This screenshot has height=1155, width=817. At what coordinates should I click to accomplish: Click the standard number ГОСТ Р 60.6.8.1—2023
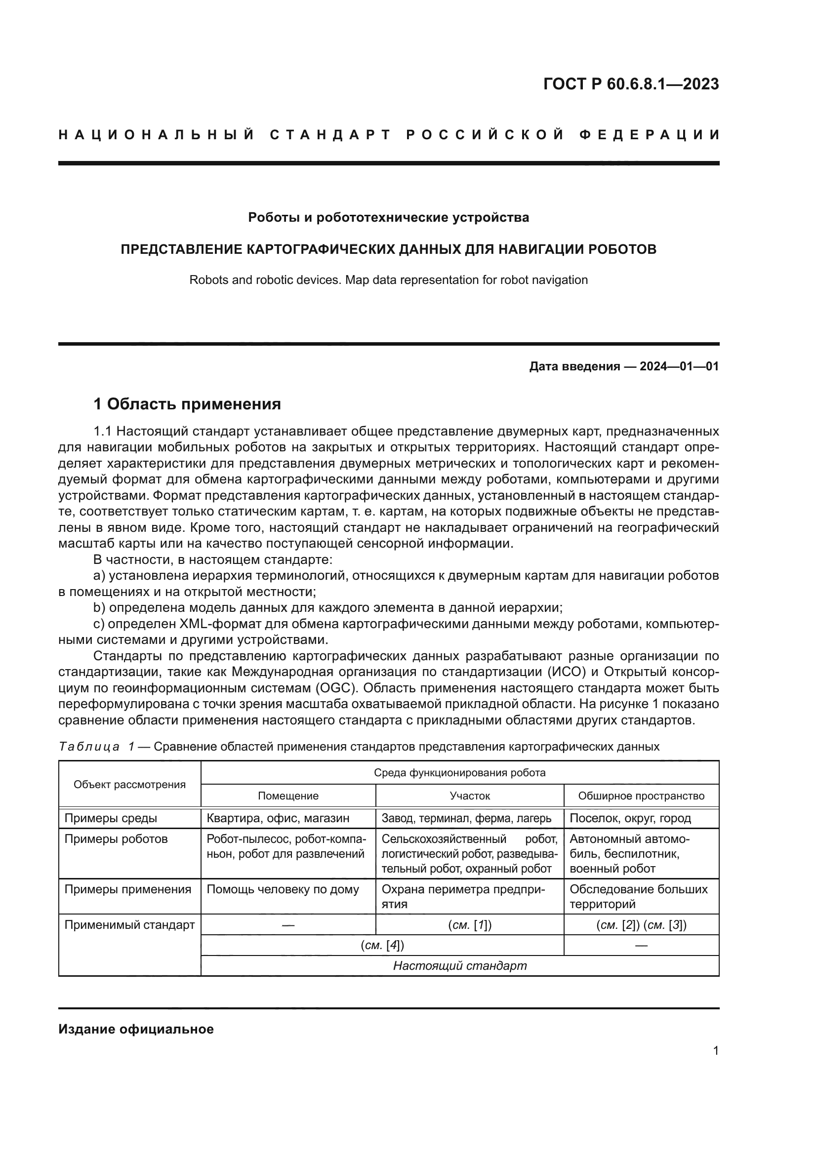pyautogui.click(x=631, y=84)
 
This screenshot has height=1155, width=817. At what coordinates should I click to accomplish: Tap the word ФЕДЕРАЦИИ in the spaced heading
pyautogui.click(x=650, y=135)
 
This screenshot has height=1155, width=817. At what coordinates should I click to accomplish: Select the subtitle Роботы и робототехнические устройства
pyautogui.click(x=388, y=217)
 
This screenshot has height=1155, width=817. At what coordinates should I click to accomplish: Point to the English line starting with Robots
pyautogui.click(x=388, y=279)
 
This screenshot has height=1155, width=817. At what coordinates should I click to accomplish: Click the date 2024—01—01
pyautogui.click(x=679, y=366)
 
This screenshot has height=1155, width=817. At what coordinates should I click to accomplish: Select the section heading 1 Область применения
pyautogui.click(x=187, y=403)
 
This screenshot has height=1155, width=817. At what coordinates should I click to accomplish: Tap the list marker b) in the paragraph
pyautogui.click(x=99, y=608)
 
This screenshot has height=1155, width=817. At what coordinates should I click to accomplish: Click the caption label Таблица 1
pyautogui.click(x=96, y=747)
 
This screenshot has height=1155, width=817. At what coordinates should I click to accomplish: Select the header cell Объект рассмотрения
pyautogui.click(x=129, y=784)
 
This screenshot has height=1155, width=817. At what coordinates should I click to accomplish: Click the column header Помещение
pyautogui.click(x=288, y=796)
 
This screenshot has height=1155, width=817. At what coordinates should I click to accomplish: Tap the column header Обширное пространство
pyautogui.click(x=641, y=796)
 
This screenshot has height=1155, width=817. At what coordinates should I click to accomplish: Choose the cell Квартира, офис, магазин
pyautogui.click(x=278, y=818)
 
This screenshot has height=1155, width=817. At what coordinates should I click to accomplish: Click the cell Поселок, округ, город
pyautogui.click(x=630, y=818)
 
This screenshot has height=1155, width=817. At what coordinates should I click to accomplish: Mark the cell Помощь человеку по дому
pyautogui.click(x=283, y=889)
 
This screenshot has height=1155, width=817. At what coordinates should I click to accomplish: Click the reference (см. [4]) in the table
pyautogui.click(x=382, y=945)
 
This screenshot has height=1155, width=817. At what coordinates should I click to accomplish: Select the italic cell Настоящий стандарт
pyautogui.click(x=460, y=966)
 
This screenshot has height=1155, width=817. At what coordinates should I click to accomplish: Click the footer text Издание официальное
pyautogui.click(x=136, y=1029)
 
